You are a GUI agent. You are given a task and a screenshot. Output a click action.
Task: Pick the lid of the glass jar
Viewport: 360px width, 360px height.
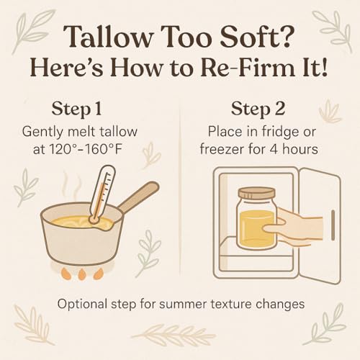(x=257, y=195)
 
